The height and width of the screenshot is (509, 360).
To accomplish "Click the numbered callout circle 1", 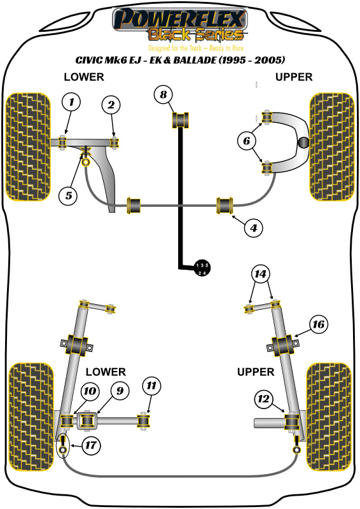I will click(x=72, y=102).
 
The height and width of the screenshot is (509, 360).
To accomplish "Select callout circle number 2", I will click(x=111, y=106).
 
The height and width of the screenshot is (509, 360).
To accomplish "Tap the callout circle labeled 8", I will click(x=163, y=95).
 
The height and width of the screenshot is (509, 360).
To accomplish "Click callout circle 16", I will click(x=318, y=324).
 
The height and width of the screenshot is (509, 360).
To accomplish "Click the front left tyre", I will click(x=27, y=146).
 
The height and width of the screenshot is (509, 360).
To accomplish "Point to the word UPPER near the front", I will click(x=293, y=77).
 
